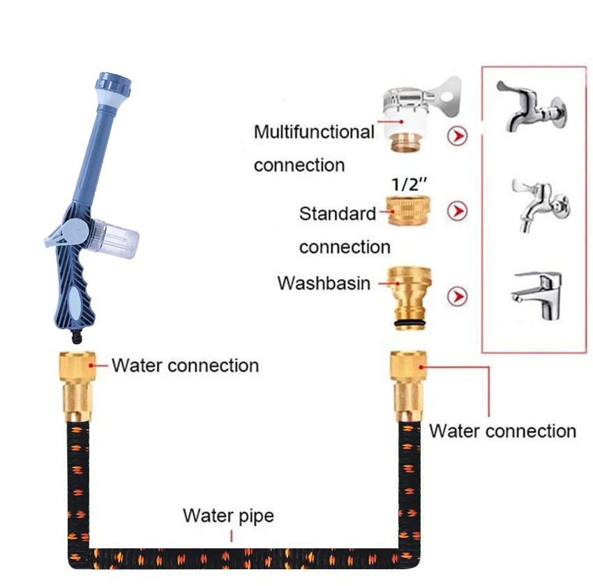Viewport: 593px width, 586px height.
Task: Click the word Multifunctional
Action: [313, 132]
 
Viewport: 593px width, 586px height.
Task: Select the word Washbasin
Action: [324, 283]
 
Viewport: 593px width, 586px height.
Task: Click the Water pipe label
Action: [228, 516]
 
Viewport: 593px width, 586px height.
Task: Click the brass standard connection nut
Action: [407, 211]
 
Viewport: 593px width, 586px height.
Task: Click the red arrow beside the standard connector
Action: [458, 211]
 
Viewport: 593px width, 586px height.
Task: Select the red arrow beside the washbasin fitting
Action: [458, 297]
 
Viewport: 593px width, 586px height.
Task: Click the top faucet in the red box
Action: [531, 108]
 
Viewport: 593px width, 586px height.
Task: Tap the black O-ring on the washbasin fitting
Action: [407, 324]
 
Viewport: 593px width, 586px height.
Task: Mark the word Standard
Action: [338, 213]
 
